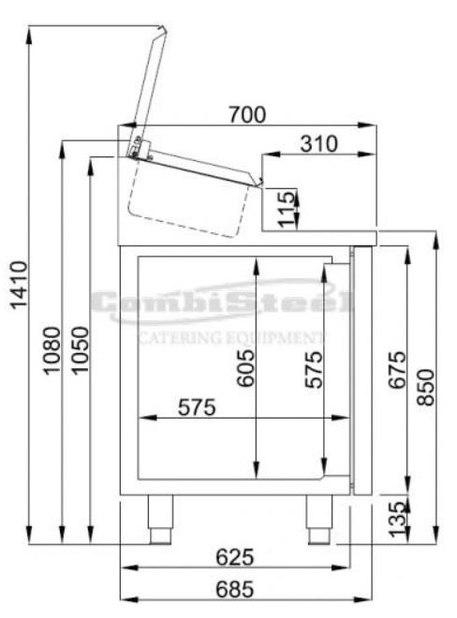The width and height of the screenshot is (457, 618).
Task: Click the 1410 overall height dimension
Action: click(19, 285)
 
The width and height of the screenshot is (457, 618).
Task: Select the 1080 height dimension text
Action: click(52, 350)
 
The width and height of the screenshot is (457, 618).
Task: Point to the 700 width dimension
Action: click(247, 114)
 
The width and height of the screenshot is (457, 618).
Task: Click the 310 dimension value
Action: click(318, 144)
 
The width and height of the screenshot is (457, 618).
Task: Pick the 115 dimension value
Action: click(287, 210)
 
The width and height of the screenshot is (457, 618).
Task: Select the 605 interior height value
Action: click(245, 368)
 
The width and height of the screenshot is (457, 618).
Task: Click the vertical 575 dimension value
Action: click(315, 369)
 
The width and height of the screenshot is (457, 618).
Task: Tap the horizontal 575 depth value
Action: click(197, 407)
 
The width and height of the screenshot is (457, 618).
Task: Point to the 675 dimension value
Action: click(397, 369)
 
